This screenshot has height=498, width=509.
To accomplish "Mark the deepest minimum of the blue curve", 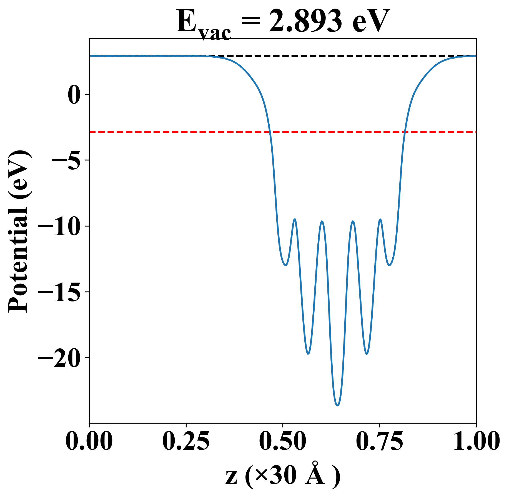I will pyautogui.click(x=337, y=405).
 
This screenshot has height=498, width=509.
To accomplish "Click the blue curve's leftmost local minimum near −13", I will pyautogui.click(x=285, y=265).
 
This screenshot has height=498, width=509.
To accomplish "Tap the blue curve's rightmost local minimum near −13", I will pyautogui.click(x=390, y=265).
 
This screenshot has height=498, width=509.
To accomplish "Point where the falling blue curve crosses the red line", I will pyautogui.click(x=270, y=132).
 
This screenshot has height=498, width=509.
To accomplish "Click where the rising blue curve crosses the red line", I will pyautogui.click(x=405, y=132).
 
